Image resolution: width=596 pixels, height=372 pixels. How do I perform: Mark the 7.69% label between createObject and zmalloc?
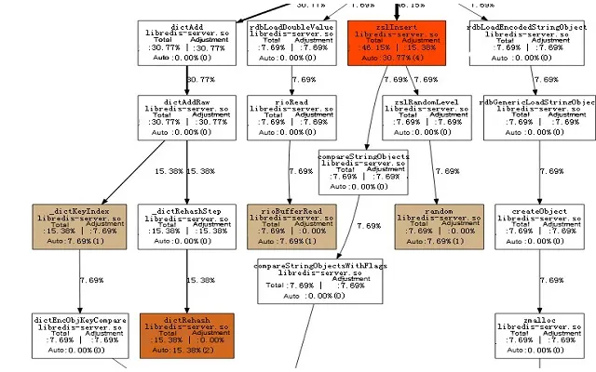pos(552,280)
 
